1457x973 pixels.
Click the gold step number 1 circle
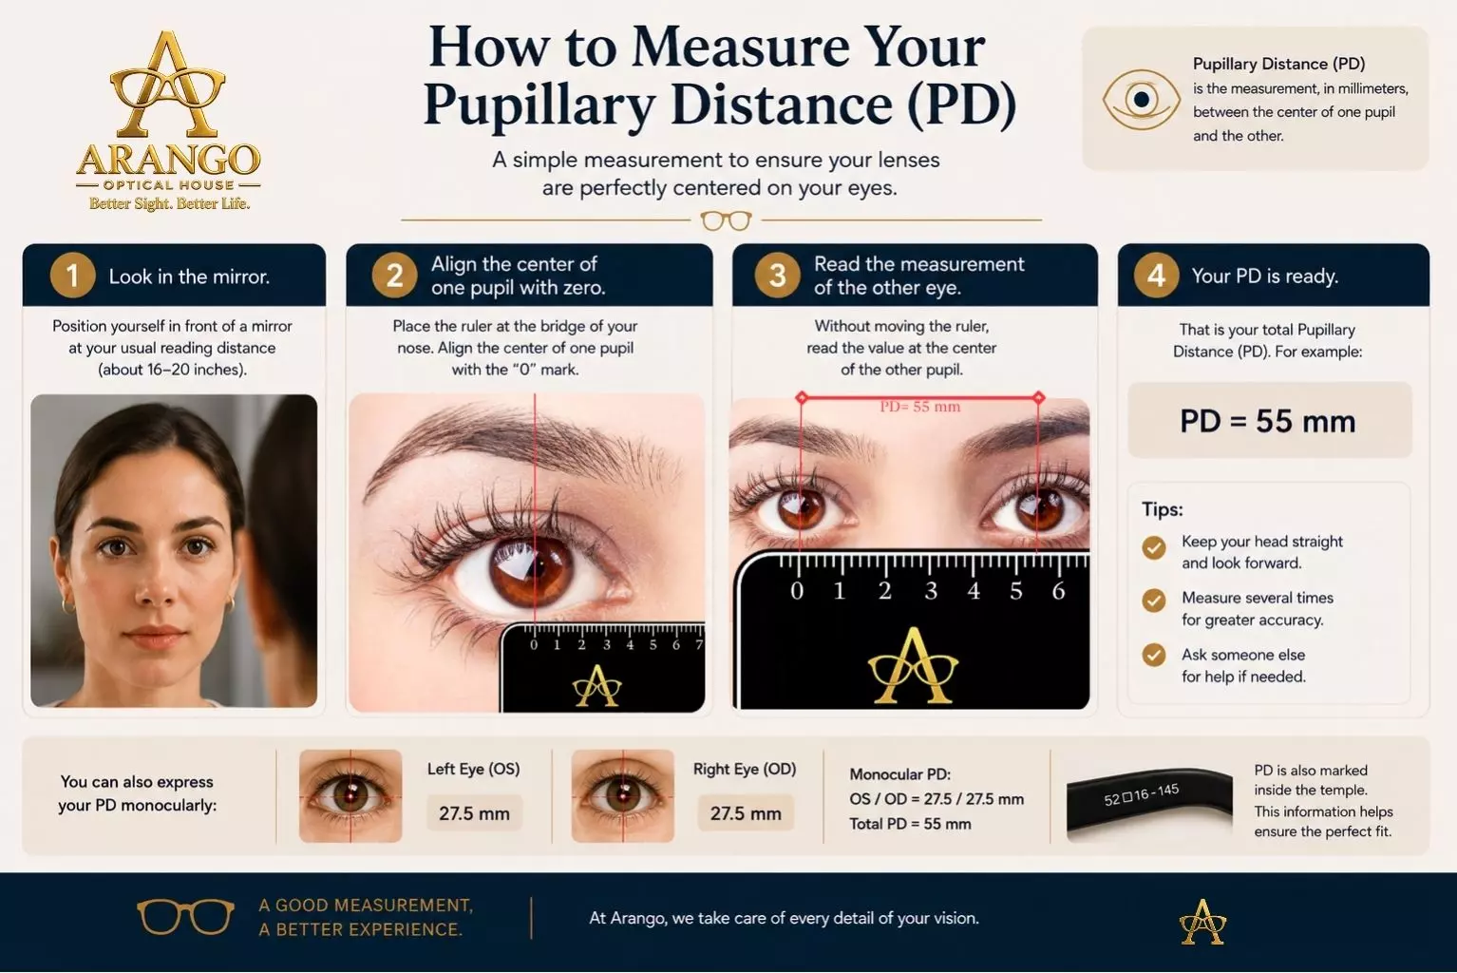[72, 276]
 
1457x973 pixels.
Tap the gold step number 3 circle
[777, 276]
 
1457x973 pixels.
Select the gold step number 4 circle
[1156, 276]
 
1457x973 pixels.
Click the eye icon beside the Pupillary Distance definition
[1141, 100]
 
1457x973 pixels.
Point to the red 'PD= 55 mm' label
[919, 407]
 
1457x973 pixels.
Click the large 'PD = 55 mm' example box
[1269, 420]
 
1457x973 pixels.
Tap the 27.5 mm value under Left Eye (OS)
[474, 813]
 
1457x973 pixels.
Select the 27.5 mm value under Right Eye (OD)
[746, 813]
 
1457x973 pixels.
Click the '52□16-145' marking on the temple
[1142, 794]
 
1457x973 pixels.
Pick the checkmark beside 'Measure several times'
[1154, 601]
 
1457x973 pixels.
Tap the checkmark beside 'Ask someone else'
[1154, 655]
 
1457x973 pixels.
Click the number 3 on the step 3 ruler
[931, 591]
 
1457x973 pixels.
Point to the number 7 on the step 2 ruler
[698, 644]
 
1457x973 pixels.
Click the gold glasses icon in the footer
[185, 916]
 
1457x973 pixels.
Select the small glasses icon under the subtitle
[726, 220]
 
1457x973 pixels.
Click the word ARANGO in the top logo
[168, 160]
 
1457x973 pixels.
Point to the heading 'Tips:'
[1163, 509]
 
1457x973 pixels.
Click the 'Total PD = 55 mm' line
[910, 824]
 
